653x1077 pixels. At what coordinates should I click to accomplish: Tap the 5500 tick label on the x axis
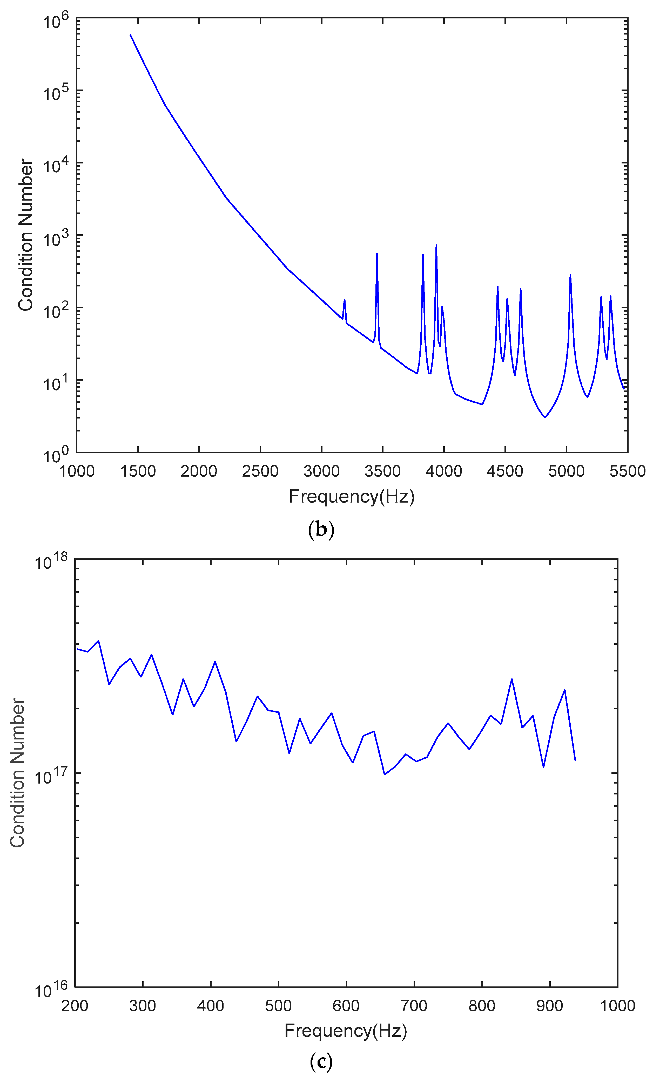[627, 471]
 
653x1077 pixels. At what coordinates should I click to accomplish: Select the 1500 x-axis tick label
[138, 471]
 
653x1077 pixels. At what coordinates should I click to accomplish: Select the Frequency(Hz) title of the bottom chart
[346, 1031]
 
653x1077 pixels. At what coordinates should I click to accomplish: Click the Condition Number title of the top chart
[25, 235]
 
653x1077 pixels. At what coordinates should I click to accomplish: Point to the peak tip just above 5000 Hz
[570, 275]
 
